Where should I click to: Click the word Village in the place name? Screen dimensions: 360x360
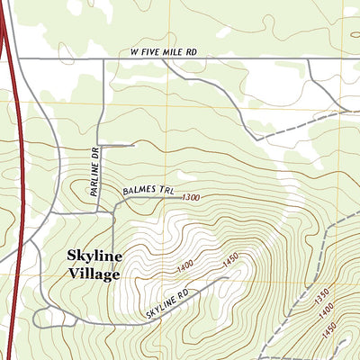94,274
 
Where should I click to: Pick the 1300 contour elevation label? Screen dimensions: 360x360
189,197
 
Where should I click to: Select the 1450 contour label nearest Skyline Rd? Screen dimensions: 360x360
230,259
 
